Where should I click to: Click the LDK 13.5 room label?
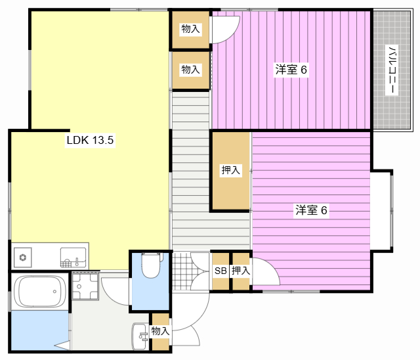[90, 140]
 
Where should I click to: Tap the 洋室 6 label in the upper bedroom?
[291, 70]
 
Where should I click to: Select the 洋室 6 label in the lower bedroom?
[311, 210]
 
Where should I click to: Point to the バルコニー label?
[391, 70]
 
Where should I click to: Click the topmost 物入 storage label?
[190, 29]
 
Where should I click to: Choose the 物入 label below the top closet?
[190, 70]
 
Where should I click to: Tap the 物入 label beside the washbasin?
[160, 331]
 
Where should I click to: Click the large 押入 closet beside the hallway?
[230, 170]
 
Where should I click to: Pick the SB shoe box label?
[220, 271]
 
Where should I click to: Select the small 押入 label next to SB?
[241, 271]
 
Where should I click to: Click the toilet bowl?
[152, 265]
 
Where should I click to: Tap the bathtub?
[39, 292]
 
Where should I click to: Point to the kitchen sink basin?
[73, 258]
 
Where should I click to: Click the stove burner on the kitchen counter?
[23, 258]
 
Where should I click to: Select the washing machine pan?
[85, 286]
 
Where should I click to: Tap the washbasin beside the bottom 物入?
[139, 336]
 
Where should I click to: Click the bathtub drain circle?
[54, 292]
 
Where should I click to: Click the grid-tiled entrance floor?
[182, 271]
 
